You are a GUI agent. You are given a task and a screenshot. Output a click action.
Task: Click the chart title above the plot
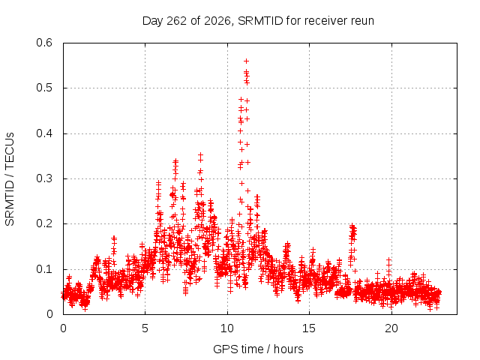pos(258,21)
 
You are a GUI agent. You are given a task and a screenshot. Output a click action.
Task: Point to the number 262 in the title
pos(176,21)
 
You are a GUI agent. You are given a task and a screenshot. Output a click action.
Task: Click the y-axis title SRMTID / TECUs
pos(10,179)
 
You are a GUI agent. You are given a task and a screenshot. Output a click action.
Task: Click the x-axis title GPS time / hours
pos(258,349)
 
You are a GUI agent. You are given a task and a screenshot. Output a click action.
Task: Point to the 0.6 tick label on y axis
pos(44,43)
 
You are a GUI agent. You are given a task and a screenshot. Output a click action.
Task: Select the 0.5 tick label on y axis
pos(44,88)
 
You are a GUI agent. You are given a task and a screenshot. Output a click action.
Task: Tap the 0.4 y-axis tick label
pos(44,133)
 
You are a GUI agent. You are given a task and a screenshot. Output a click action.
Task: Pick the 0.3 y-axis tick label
pos(44,178)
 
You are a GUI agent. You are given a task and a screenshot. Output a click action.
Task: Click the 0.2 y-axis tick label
pos(44,223)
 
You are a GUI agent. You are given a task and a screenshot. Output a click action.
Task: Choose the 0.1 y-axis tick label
pos(44,269)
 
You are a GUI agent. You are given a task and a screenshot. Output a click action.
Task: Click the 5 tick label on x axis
pos(145,328)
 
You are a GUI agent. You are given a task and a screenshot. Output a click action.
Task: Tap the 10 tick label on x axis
pos(226,328)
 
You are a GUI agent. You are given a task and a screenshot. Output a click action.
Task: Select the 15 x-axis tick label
pos(309,328)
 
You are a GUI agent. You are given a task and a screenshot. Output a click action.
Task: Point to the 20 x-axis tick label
pos(391,328)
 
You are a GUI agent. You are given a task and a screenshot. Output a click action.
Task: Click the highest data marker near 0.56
pos(246,61)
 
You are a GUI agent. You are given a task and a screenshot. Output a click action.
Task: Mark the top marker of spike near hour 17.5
pos(352,226)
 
